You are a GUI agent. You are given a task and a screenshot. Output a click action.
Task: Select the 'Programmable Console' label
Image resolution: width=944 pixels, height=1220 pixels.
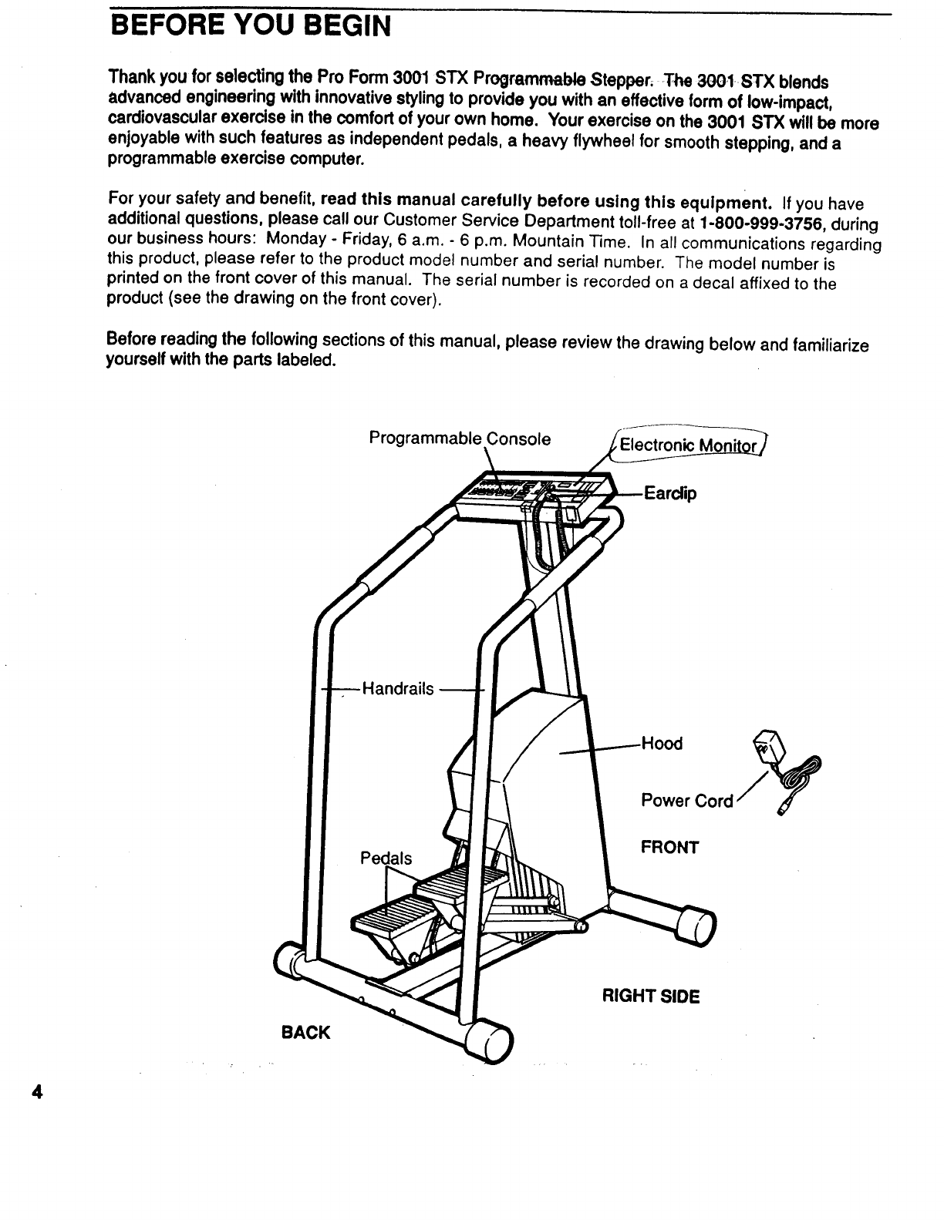point(460,439)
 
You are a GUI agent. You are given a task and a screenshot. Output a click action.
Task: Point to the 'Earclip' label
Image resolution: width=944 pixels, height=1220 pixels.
point(669,493)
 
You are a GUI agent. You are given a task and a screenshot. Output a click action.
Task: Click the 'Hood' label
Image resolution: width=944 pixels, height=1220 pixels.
point(662,744)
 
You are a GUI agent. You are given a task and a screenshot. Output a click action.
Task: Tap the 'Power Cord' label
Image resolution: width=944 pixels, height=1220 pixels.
point(686,801)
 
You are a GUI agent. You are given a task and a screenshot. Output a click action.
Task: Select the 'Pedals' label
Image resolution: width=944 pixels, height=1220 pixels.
point(386,859)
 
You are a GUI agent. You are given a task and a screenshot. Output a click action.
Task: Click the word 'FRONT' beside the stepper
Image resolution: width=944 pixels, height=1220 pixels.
point(669,848)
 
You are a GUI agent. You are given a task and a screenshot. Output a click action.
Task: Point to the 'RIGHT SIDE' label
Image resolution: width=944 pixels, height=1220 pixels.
point(650,997)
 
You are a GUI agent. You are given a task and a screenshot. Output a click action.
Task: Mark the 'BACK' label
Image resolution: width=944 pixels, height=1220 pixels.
point(306,1032)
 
